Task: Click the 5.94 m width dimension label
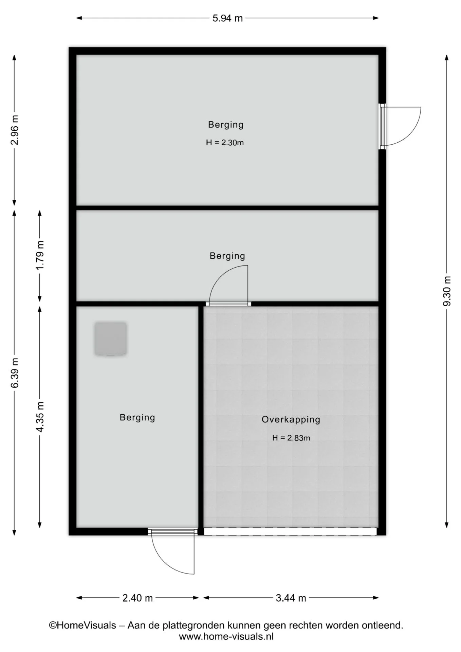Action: point(227,18)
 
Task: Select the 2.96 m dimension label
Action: point(14,130)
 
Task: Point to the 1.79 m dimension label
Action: point(40,255)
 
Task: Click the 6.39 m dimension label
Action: point(14,373)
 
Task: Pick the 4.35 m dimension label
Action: point(40,417)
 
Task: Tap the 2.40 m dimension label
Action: point(137,598)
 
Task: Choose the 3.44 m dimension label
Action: point(291,598)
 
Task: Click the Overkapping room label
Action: point(291,419)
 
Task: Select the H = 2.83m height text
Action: point(291,438)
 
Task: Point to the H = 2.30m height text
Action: point(225,143)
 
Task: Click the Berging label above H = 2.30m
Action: point(226,125)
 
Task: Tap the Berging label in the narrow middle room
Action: point(227,256)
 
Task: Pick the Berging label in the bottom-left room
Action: point(137,417)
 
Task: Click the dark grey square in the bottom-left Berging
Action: point(111,339)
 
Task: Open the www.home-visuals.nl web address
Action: point(226,636)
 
